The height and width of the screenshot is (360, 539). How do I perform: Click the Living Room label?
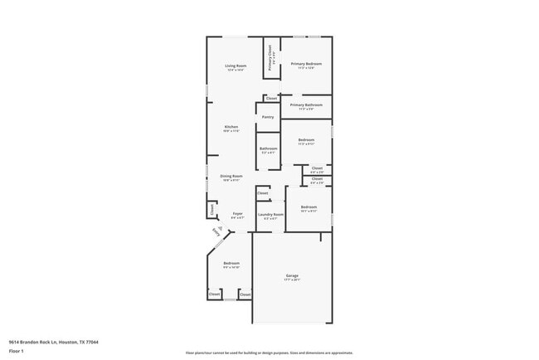coord(236,66)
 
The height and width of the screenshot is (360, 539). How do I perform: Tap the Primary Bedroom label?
coord(306,64)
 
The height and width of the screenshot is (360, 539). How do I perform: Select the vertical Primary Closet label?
coord(269,60)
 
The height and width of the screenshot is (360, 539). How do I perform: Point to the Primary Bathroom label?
coord(306,105)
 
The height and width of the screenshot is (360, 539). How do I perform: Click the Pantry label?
coord(268,117)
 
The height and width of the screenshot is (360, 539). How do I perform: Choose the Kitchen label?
coord(231,127)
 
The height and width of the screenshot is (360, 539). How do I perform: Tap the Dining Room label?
coord(231,176)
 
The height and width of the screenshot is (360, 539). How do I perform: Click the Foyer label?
coord(236,213)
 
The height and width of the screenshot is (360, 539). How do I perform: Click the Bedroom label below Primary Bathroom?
coord(306,140)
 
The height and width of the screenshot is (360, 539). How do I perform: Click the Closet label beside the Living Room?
coord(271,99)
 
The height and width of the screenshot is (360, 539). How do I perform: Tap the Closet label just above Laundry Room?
coord(262,192)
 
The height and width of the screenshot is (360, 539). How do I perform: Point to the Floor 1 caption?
coord(17,352)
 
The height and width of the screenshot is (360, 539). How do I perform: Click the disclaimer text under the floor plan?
coord(269,353)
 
